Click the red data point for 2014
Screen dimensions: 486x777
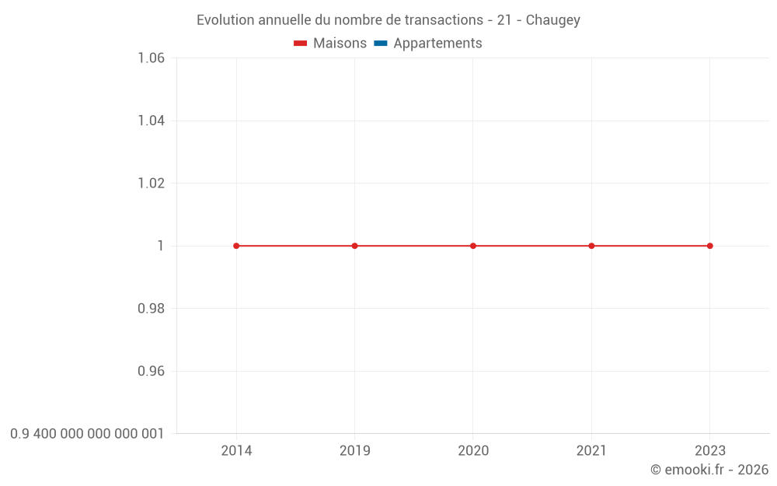tap(236, 246)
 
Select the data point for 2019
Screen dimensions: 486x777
tap(355, 246)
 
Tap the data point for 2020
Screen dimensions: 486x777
tap(473, 246)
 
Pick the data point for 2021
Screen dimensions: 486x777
tap(591, 246)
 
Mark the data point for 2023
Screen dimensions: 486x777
tap(709, 246)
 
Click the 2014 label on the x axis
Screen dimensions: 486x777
tap(236, 451)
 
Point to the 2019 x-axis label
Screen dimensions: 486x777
tap(355, 451)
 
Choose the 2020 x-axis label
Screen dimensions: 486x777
tap(473, 451)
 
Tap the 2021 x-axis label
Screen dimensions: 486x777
tap(591, 451)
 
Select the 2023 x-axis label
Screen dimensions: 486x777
tap(709, 451)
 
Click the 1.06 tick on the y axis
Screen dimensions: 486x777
tap(151, 58)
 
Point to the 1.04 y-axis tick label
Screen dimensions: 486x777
tap(151, 121)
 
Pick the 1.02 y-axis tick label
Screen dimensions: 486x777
tap(151, 184)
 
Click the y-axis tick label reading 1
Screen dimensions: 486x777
tap(161, 246)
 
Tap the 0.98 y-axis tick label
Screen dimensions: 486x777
tap(151, 309)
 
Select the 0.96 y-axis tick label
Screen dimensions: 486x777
tap(151, 371)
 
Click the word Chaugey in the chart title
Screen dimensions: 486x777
tap(552, 20)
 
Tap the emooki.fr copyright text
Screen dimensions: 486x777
tap(709, 470)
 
